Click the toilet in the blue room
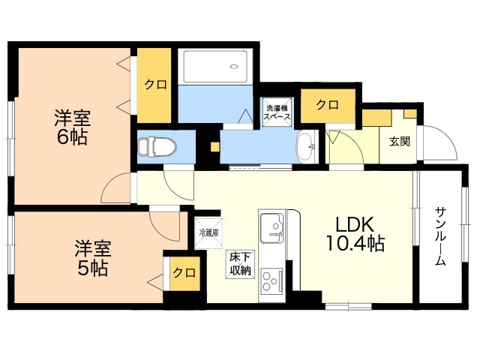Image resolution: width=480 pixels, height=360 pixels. pyautogui.click(x=157, y=147)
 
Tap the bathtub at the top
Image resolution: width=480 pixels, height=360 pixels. pyautogui.click(x=215, y=67)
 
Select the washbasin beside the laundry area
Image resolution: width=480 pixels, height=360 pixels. pyautogui.click(x=307, y=147)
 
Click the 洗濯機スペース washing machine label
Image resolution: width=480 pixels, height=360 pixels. pyautogui.click(x=277, y=112)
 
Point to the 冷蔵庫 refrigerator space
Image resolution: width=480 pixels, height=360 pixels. pyautogui.click(x=209, y=232)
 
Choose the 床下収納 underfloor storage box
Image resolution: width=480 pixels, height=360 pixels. pyautogui.click(x=240, y=264)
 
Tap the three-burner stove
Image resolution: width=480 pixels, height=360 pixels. pyautogui.click(x=271, y=280)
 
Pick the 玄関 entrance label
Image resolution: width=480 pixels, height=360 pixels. pyautogui.click(x=399, y=142)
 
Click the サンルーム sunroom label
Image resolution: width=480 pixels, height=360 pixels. pyautogui.click(x=440, y=236)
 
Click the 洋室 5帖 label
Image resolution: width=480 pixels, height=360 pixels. pyautogui.click(x=93, y=258)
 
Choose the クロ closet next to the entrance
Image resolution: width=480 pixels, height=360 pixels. pyautogui.click(x=328, y=106)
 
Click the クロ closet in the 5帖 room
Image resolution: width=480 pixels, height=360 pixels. pyautogui.click(x=184, y=273)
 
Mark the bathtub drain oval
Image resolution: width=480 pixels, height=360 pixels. pyautogui.click(x=234, y=67)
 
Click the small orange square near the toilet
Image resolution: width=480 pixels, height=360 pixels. pyautogui.click(x=215, y=147)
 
